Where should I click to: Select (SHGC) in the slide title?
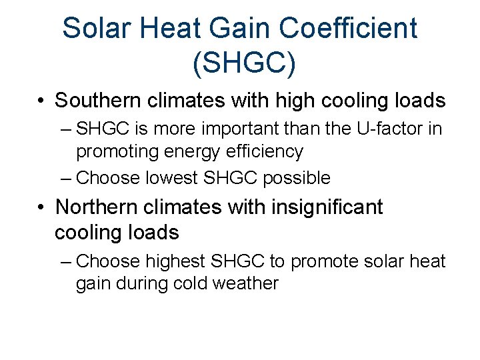(x=244, y=63)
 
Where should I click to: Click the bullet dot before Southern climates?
(x=41, y=101)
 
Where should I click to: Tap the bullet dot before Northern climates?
(x=41, y=208)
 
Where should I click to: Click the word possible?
(x=297, y=179)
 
